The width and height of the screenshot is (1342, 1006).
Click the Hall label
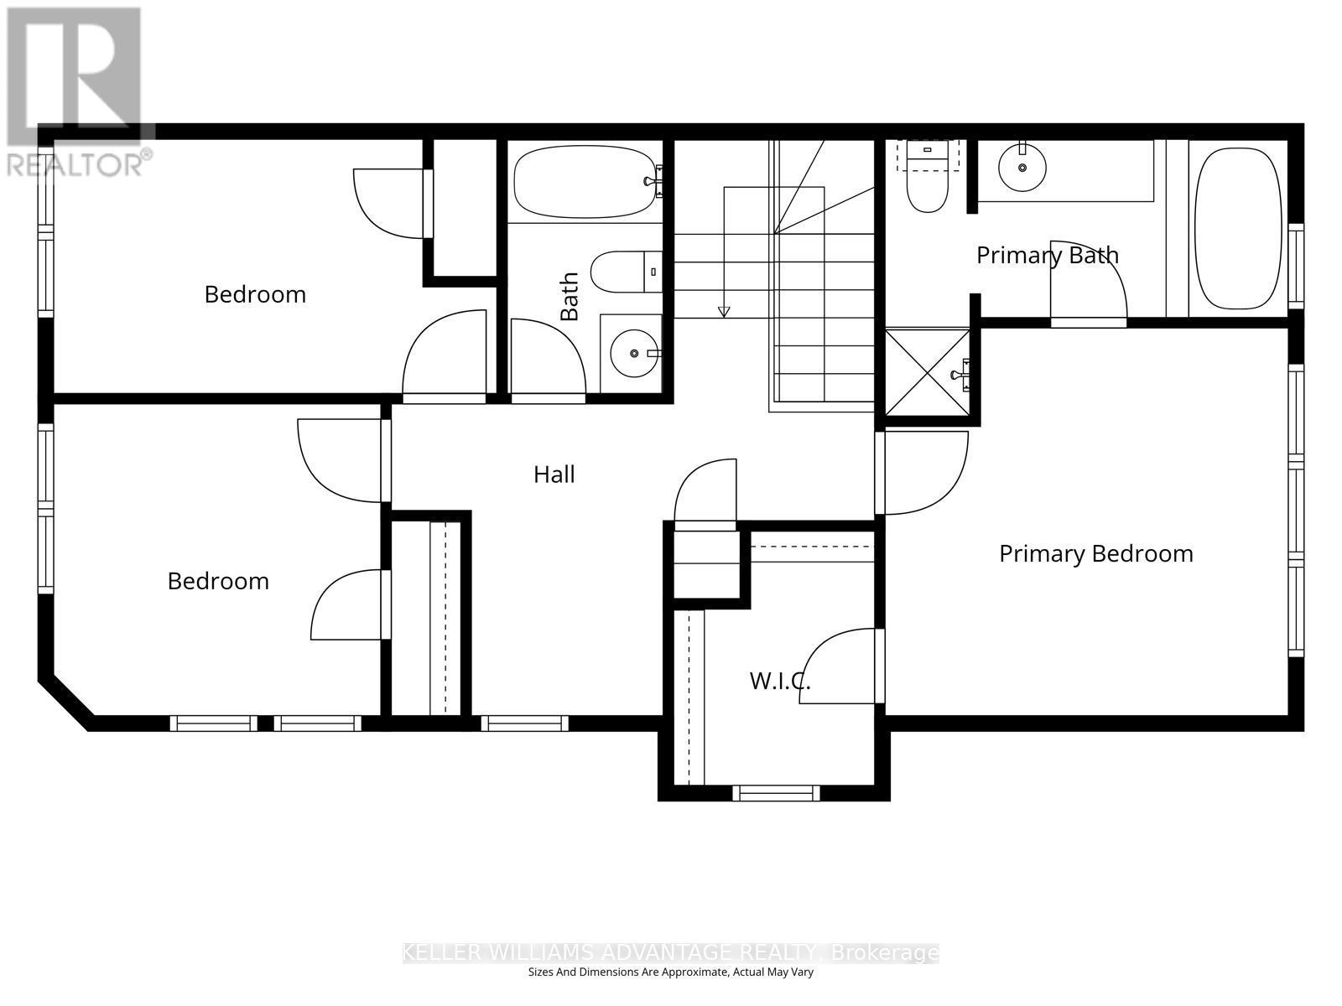554,474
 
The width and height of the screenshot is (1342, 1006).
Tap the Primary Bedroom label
1095,553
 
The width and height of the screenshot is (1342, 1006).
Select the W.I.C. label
779,681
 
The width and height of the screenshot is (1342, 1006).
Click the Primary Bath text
1047,255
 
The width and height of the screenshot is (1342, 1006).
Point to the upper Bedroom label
255,294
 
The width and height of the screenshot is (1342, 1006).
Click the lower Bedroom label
218,581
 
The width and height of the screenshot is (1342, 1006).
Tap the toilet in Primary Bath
927,189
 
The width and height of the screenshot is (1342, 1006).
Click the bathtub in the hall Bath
585,182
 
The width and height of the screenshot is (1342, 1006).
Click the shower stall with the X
928,373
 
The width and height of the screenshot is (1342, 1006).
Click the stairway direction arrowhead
724,312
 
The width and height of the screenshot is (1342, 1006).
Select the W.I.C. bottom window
775,792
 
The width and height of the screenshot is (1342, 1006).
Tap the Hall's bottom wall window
524,723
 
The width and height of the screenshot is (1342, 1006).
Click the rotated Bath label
570,296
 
